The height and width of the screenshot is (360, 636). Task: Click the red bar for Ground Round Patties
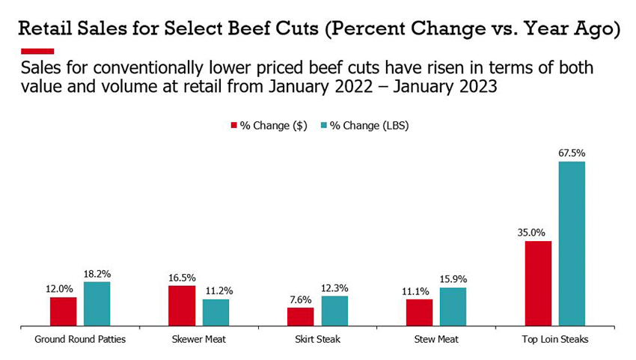(63, 311)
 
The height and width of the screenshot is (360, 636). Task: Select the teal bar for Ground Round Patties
(97, 304)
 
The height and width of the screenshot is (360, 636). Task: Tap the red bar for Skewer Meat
(182, 305)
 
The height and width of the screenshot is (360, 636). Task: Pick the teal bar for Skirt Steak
(334, 311)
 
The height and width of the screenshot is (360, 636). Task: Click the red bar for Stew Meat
(419, 312)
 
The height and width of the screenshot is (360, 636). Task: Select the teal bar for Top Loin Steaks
(571, 243)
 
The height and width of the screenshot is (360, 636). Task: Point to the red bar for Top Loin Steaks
(538, 283)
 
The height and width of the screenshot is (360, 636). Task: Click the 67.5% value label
(571, 153)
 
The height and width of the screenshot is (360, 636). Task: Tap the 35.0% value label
(538, 232)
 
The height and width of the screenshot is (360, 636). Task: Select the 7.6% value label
(301, 299)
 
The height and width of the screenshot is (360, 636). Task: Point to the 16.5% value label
(182, 277)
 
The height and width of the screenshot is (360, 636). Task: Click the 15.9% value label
(453, 279)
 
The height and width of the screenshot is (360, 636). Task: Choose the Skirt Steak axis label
(317, 339)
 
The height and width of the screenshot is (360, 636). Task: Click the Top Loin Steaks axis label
(554, 339)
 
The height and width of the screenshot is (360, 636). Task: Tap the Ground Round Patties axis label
(80, 339)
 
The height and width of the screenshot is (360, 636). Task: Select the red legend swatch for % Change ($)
(233, 126)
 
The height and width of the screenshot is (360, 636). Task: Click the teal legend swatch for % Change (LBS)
(323, 126)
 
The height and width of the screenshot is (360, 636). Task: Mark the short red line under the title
(32, 51)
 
